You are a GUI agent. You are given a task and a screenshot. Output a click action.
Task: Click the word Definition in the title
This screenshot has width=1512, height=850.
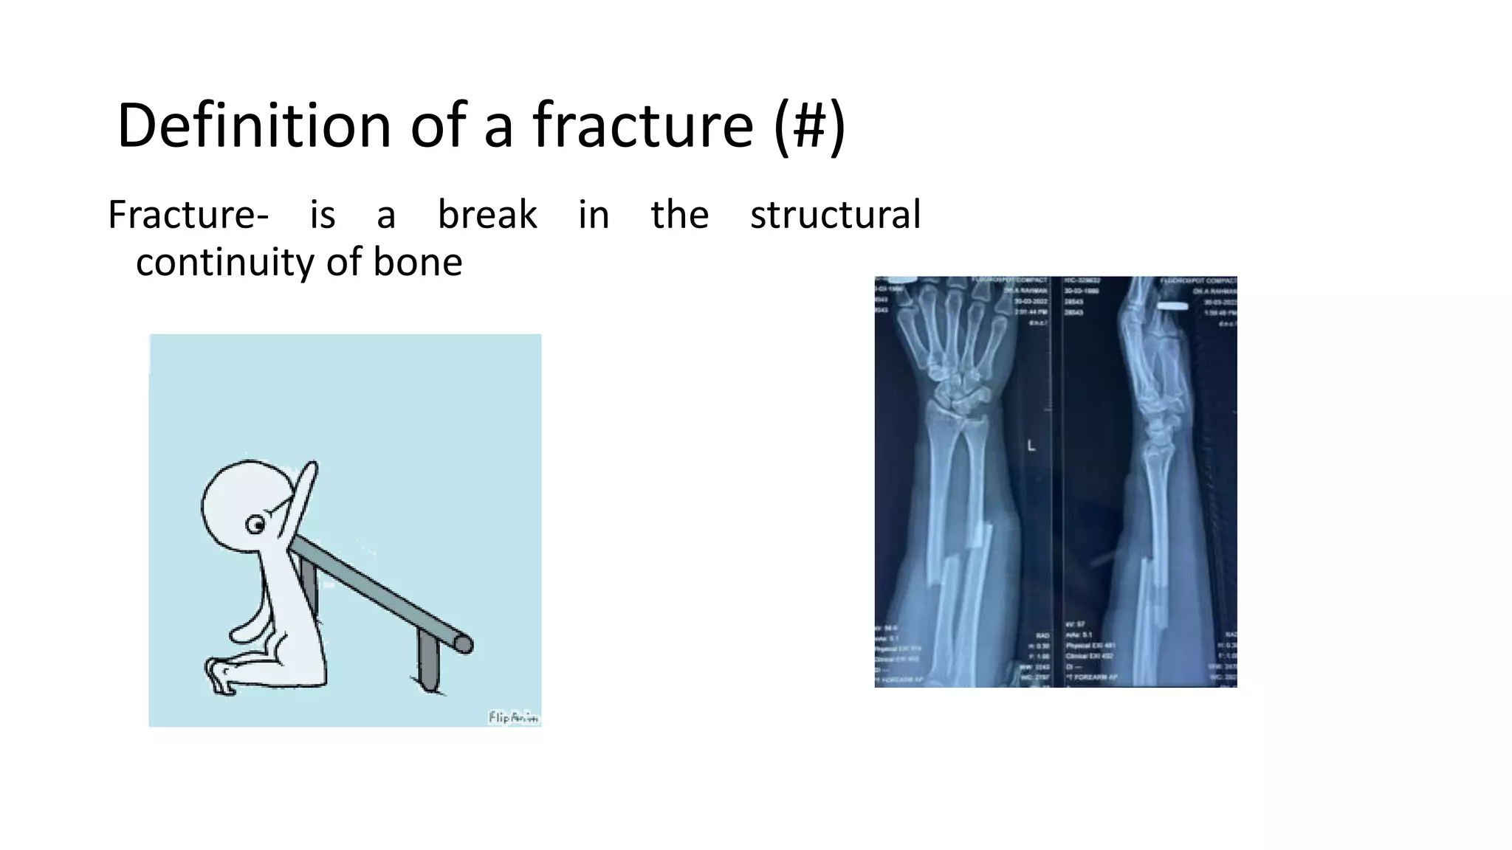pos(253,125)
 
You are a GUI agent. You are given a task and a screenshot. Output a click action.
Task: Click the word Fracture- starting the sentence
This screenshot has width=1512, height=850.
pos(188,215)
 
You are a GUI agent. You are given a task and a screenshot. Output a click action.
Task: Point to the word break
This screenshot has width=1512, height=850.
pos(487,215)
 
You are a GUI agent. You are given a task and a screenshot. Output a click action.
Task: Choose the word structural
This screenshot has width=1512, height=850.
pos(835,215)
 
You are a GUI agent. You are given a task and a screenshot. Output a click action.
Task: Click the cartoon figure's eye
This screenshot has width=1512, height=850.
pos(255,525)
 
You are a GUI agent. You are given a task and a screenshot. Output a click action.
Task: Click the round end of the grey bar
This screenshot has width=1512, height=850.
pos(464,644)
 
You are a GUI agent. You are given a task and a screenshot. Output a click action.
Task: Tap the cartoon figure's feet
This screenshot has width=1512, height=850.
pos(220,675)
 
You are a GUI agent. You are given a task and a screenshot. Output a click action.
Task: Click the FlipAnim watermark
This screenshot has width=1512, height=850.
pos(513,717)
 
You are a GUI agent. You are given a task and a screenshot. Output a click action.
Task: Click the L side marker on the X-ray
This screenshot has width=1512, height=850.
pos(1031,446)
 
